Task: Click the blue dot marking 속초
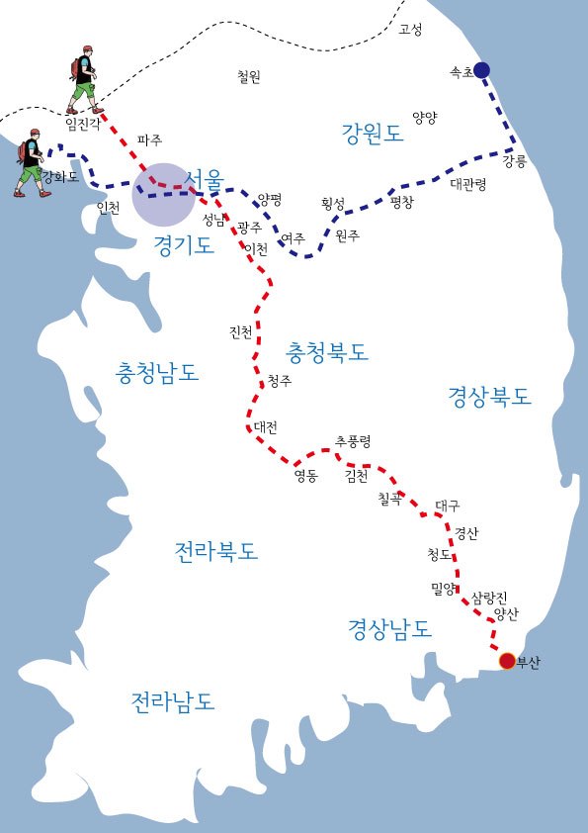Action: coord(481,69)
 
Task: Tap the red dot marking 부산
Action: coord(507,661)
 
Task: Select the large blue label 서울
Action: coord(205,180)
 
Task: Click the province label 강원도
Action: coord(373,134)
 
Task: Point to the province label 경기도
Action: coord(184,246)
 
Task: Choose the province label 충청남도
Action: coord(158,373)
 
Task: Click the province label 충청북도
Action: coord(327,351)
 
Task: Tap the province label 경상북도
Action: coord(490,397)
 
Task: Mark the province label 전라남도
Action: coord(173,701)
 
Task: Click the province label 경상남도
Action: coord(389,627)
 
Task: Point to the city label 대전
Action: coord(266,427)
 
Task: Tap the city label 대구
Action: coord(448,505)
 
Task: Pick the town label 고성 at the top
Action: coord(410,30)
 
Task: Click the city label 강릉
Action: coord(515,160)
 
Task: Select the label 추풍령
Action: coord(353,440)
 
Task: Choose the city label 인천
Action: coord(109,208)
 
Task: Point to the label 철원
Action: coord(249,76)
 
